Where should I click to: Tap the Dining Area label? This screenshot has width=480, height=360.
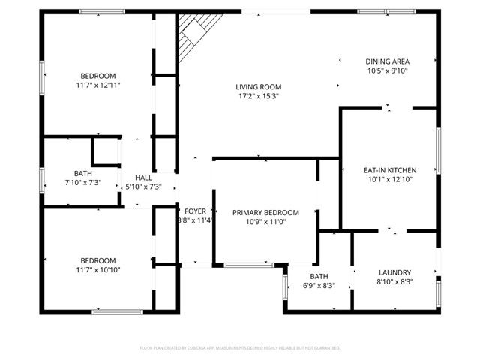388,61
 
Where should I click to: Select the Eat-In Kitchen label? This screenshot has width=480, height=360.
390,170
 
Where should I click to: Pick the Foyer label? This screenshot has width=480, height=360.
194,211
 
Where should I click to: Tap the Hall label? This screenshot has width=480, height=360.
142,177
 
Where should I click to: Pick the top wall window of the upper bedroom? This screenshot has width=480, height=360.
102,12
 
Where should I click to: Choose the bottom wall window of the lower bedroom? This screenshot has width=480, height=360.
116,310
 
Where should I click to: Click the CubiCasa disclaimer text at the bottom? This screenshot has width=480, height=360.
240,348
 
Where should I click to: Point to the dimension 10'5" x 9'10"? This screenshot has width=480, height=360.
388,70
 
